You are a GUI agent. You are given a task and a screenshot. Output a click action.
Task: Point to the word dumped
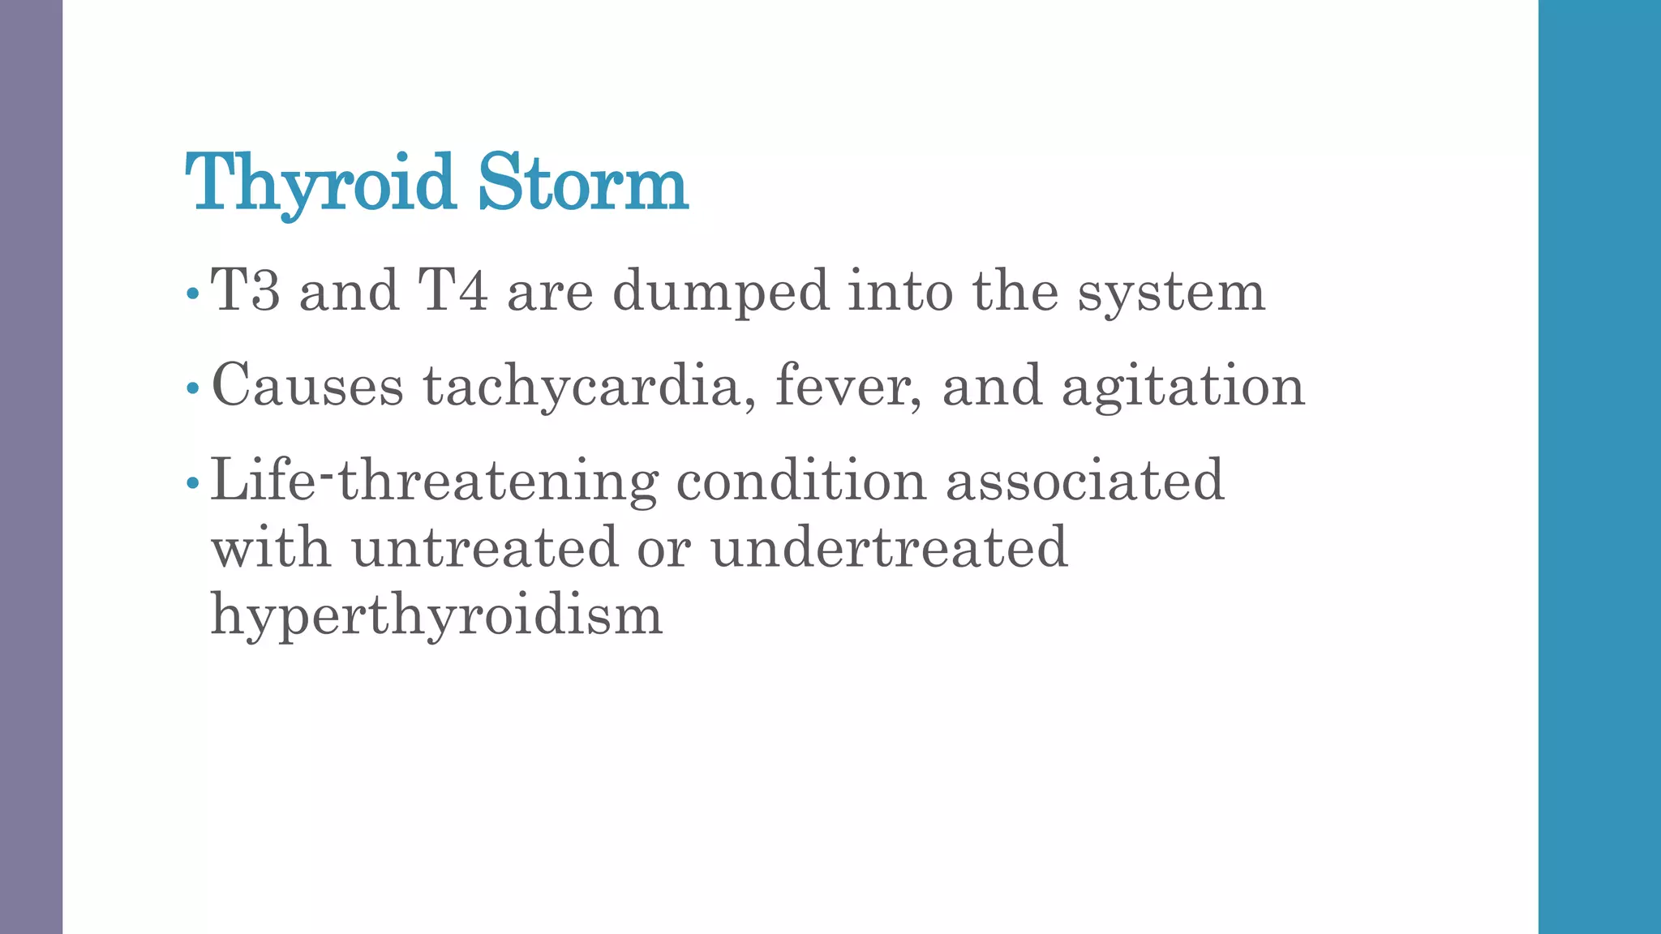tap(720, 292)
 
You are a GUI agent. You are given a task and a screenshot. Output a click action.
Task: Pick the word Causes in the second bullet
tap(307, 386)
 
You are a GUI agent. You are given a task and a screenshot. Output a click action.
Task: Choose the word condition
tap(800, 480)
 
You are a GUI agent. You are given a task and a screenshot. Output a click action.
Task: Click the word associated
tap(1084, 480)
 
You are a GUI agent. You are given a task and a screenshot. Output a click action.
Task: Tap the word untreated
tap(484, 548)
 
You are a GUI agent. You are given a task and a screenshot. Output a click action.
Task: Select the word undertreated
tap(889, 548)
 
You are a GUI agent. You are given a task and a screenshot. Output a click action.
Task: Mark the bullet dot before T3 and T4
tap(192, 293)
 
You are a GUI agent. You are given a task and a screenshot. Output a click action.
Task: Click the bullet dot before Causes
tap(192, 388)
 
